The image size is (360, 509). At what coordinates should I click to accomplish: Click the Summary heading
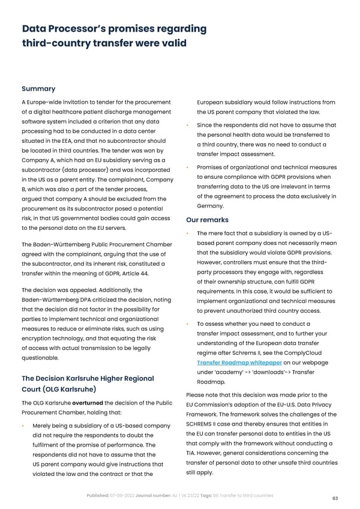click(38, 88)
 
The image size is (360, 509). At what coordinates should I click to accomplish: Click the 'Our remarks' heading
click(207, 220)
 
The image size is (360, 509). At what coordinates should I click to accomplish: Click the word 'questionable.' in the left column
click(40, 358)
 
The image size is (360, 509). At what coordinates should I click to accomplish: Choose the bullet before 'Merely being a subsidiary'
click(22, 426)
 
